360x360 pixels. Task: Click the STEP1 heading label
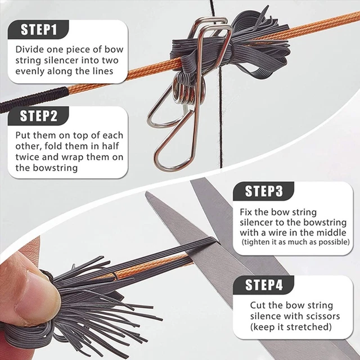pyautogui.click(x=39, y=29)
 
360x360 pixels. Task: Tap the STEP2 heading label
pyautogui.click(x=39, y=116)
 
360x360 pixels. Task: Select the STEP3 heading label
pyautogui.click(x=264, y=191)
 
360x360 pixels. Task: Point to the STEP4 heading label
pyautogui.click(x=264, y=285)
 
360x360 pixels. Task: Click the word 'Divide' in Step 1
pyautogui.click(x=29, y=49)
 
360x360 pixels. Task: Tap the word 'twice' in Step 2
pyautogui.click(x=27, y=157)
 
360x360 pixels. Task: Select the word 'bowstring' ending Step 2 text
pyautogui.click(x=55, y=168)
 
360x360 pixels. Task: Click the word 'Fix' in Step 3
pyautogui.click(x=246, y=212)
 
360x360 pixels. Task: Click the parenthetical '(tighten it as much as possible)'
pyautogui.click(x=296, y=242)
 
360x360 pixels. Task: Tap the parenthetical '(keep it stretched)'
pyautogui.click(x=291, y=327)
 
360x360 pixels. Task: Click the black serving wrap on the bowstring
pyautogui.click(x=34, y=99)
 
